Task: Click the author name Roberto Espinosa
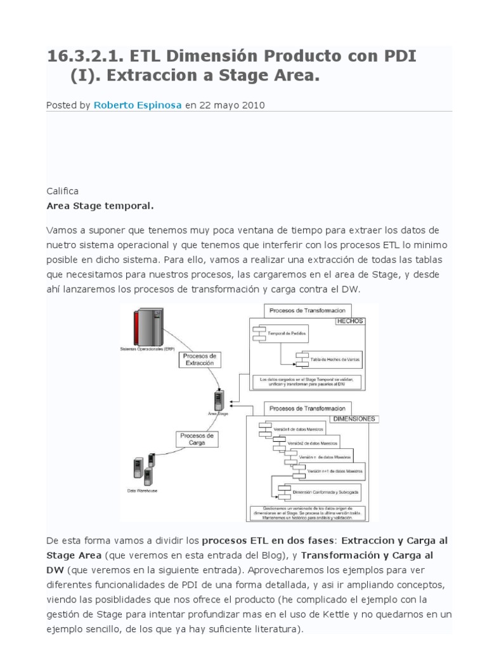coord(138,105)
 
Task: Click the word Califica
coord(62,191)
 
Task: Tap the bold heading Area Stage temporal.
coord(100,206)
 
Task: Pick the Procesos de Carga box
coord(197,440)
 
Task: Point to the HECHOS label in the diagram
coord(350,321)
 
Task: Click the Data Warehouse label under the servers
coord(143,491)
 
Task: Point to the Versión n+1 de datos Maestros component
coord(335,472)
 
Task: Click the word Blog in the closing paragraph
coord(257,554)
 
